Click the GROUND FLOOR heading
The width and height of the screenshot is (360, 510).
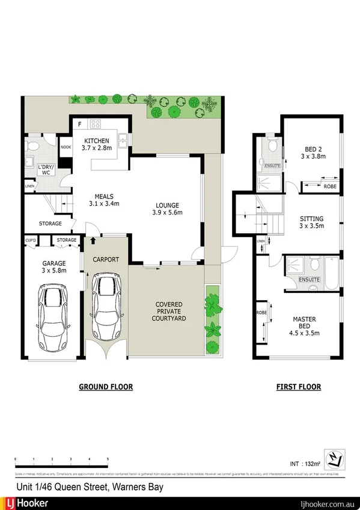(x=106, y=387)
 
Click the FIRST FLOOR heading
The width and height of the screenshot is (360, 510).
(x=299, y=387)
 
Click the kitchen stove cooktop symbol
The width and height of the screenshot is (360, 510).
(x=94, y=124)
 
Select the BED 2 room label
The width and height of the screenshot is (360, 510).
(x=312, y=152)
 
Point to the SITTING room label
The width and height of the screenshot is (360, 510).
(x=311, y=223)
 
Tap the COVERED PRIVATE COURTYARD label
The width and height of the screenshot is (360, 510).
(x=169, y=312)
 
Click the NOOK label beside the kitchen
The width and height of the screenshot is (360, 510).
(x=65, y=147)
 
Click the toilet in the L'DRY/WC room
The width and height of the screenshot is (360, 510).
(x=34, y=146)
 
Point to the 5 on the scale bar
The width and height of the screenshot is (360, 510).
(x=108, y=459)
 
